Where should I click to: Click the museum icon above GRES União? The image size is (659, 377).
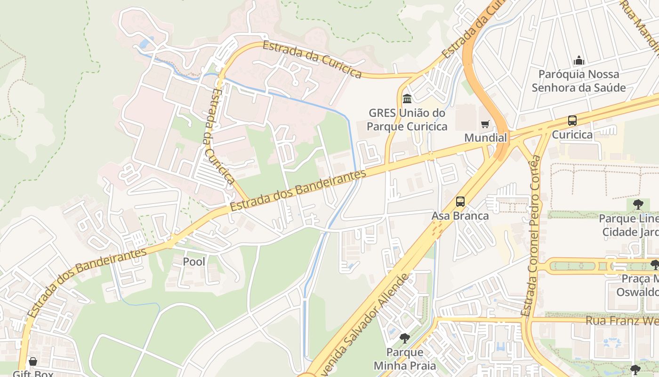[407, 99]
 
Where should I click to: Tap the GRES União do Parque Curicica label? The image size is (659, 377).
[407, 120]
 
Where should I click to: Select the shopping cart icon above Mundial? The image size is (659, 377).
[485, 124]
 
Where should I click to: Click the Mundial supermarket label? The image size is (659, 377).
[485, 138]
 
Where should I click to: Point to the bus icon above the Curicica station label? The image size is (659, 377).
[572, 121]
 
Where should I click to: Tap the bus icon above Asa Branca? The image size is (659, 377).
[460, 202]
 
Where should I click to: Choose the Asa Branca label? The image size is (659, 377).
[460, 216]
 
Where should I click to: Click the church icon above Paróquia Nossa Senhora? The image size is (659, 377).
[579, 61]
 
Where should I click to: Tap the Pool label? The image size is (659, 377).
[194, 261]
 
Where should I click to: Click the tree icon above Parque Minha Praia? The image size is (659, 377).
[404, 338]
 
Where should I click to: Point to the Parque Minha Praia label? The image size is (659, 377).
[405, 359]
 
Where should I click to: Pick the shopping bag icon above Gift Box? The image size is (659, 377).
[33, 361]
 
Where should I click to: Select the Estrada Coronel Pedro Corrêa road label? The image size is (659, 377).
[533, 236]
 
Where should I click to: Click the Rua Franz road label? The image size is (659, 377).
[621, 320]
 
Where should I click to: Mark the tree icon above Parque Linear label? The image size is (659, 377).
[638, 205]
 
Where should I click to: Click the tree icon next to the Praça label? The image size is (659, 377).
[654, 265]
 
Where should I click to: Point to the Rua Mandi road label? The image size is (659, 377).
[640, 21]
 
